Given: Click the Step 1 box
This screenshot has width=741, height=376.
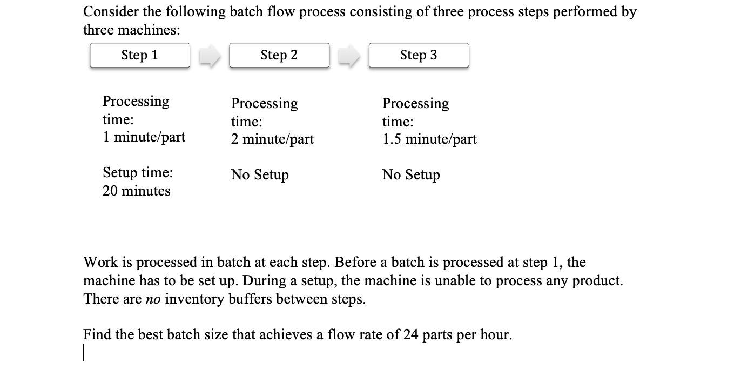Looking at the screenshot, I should tap(139, 55).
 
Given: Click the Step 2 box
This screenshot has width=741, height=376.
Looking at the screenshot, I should tap(279, 55).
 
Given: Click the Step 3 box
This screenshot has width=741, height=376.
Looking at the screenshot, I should tap(419, 55).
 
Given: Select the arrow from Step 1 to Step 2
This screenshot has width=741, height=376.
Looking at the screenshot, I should tap(210, 56).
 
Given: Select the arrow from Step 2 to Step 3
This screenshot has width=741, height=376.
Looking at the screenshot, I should tap(349, 56).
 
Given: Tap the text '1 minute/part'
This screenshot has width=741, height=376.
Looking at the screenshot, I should tap(144, 137).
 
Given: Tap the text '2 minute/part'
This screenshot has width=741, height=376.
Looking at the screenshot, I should tap(272, 139).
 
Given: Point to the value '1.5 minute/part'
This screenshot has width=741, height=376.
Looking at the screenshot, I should tap(429, 139).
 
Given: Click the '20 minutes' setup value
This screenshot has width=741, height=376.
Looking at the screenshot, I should tap(136, 191).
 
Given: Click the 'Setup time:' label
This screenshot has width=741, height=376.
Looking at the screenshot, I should tap(138, 172).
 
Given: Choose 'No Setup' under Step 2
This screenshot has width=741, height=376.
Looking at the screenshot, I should tap(260, 174).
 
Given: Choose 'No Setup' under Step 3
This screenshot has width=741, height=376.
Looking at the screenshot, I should tap(411, 174).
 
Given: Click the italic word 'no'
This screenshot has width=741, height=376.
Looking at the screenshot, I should tap(153, 299).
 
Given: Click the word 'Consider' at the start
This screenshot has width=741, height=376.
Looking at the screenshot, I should tap(111, 12).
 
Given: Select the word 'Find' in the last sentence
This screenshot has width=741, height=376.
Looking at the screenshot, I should tap(97, 335).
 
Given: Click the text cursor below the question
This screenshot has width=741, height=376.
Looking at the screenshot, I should tap(84, 353).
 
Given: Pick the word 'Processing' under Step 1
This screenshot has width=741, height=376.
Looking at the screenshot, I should tap(136, 102).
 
